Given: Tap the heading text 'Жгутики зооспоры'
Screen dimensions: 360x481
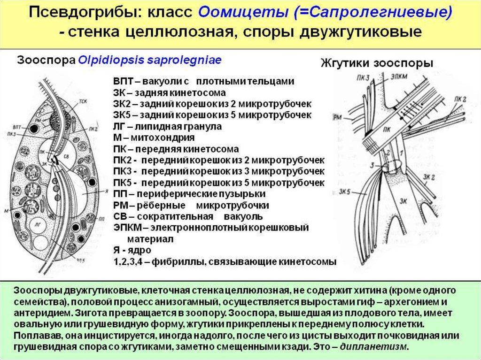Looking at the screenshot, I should point(377,63).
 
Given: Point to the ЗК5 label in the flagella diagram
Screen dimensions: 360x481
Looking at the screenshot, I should point(349,191).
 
